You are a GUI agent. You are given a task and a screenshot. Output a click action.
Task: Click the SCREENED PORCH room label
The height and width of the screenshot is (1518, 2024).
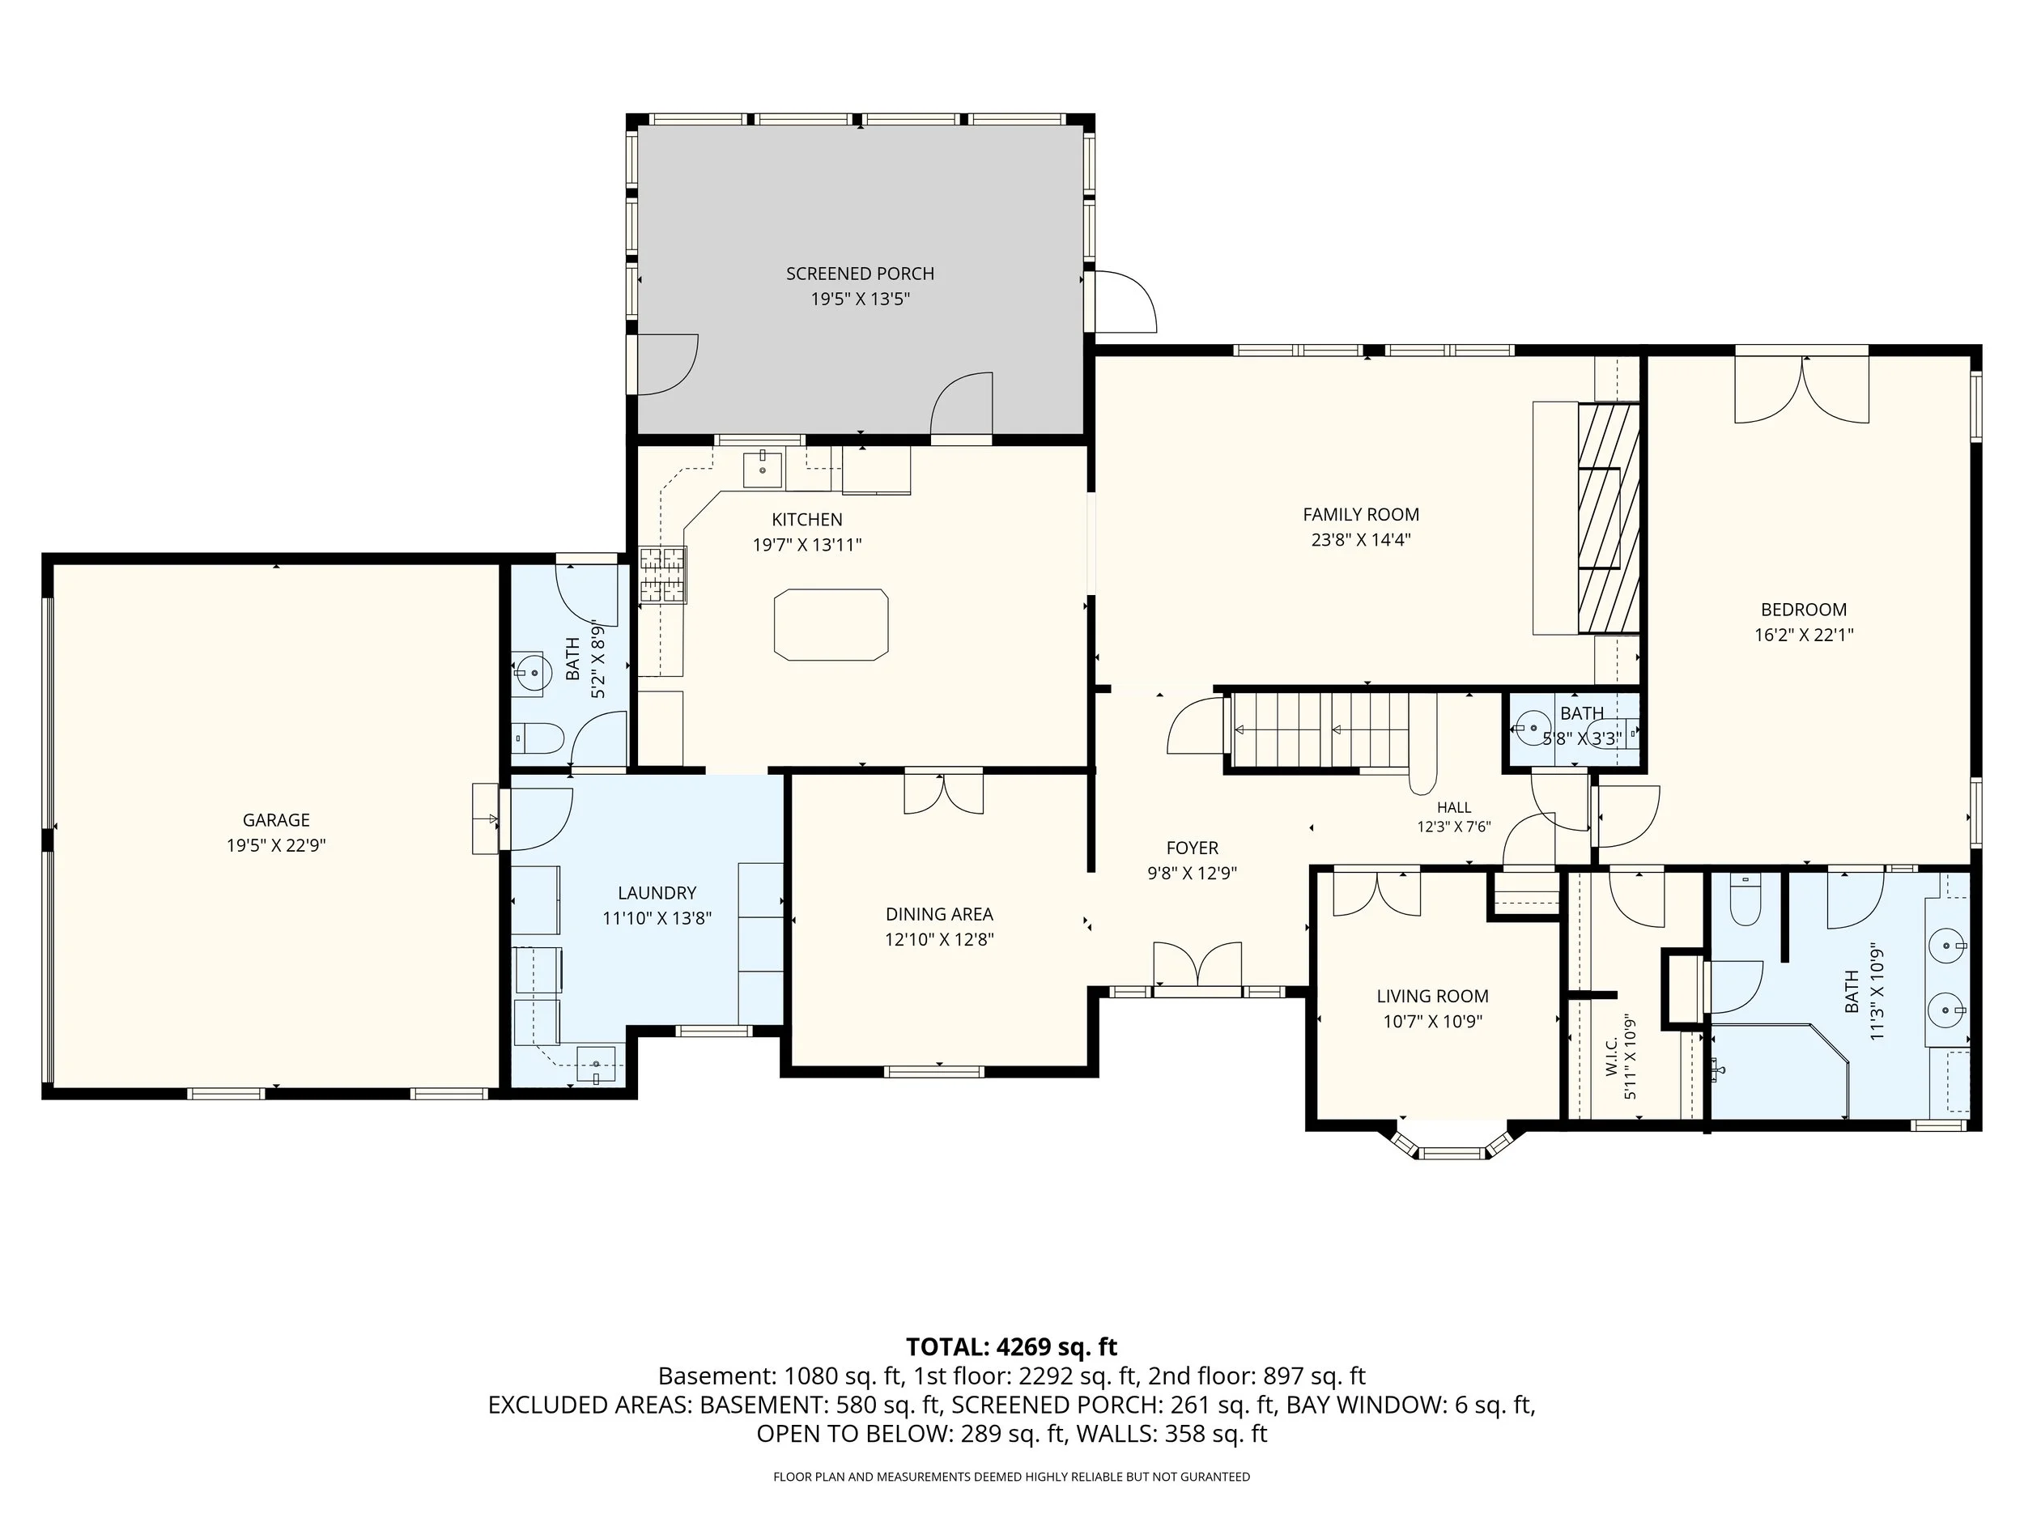point(860,274)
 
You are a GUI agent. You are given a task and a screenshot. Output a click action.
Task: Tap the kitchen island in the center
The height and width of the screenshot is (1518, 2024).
point(831,625)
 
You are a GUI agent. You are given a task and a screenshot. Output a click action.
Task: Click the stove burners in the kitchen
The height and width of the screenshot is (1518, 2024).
point(662,575)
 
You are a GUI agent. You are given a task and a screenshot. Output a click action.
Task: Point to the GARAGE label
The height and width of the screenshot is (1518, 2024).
point(276,821)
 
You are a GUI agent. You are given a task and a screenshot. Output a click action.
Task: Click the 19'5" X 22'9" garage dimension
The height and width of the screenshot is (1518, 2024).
point(276,845)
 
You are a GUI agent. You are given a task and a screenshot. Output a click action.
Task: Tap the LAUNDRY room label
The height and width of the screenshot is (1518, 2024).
point(657,893)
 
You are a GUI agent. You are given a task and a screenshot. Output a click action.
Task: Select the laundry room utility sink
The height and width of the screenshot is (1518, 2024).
point(597,1065)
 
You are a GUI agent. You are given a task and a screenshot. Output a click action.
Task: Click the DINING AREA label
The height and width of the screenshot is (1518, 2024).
point(939,914)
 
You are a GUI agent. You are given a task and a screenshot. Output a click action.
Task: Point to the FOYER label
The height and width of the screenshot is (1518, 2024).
point(1193,848)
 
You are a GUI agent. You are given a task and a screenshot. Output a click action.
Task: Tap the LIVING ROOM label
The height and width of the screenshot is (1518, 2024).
point(1433,997)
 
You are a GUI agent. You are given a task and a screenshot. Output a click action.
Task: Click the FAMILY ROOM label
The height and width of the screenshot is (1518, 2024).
point(1361,515)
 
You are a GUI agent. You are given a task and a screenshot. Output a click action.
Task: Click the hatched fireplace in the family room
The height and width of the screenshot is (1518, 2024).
point(1608,518)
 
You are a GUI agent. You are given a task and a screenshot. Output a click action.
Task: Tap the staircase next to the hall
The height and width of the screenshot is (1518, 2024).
point(1320,730)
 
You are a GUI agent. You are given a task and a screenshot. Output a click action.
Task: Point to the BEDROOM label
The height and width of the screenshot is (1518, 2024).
point(1804,610)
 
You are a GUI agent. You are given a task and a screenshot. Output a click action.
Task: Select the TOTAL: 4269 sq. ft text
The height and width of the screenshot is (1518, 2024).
point(1011,1347)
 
